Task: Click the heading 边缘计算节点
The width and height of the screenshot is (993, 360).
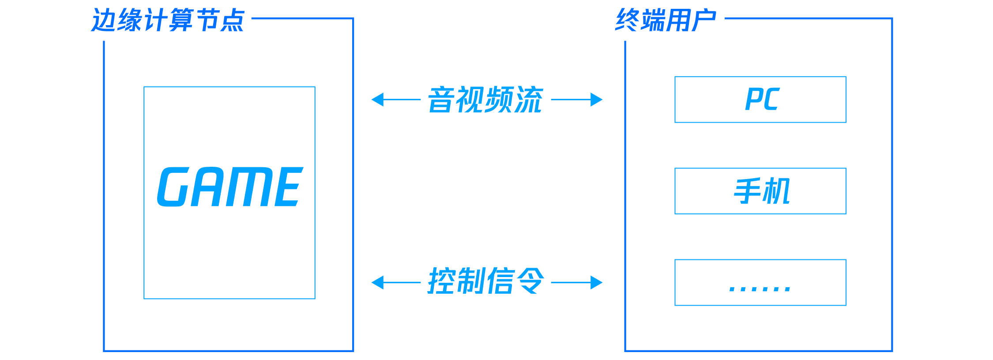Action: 167,20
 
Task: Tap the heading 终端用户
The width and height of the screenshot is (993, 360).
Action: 666,20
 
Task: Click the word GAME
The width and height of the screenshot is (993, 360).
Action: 230,187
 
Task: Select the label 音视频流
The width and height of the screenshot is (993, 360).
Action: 485,100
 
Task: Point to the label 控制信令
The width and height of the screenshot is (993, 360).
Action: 485,281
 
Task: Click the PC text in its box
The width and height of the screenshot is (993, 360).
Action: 762,99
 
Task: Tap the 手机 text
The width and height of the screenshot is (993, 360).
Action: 762,191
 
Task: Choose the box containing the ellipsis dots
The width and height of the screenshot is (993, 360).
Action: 760,282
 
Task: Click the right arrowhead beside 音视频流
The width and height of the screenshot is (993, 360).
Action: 597,100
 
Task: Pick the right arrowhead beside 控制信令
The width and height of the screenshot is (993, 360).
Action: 597,282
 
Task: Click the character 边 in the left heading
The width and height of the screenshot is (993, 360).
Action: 103,20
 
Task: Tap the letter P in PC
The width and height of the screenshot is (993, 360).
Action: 753,99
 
